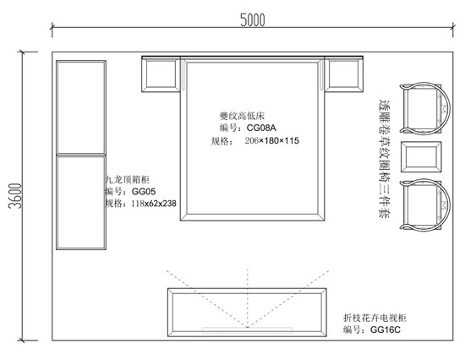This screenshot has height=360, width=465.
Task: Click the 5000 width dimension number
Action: point(253,20)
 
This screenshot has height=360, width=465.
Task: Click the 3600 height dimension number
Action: point(15,196)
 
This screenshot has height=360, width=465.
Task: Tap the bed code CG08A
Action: point(261,128)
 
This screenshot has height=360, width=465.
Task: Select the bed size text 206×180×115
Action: point(272,140)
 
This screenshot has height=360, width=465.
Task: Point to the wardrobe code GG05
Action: point(144,192)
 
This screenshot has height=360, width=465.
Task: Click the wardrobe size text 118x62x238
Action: point(154,204)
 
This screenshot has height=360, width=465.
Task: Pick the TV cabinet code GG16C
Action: point(386,330)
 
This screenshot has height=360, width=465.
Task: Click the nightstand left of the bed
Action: point(161,74)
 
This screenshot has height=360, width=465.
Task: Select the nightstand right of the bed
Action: point(344,74)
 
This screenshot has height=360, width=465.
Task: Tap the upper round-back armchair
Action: point(424,108)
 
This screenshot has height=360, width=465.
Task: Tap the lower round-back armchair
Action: point(424,205)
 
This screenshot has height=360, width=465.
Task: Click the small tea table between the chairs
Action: point(421,157)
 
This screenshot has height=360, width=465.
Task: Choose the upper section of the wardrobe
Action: point(81,107)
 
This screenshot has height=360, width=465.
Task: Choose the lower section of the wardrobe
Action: point(81,202)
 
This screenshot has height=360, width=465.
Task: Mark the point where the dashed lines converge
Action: point(248,327)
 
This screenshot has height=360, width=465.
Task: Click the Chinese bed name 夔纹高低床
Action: point(242,116)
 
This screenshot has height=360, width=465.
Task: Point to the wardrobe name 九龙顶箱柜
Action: point(128,180)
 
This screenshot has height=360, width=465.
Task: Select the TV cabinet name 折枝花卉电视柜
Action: point(375,318)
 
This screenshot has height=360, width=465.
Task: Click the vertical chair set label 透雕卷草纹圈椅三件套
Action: point(385,158)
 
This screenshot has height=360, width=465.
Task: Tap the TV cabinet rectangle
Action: point(247,313)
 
